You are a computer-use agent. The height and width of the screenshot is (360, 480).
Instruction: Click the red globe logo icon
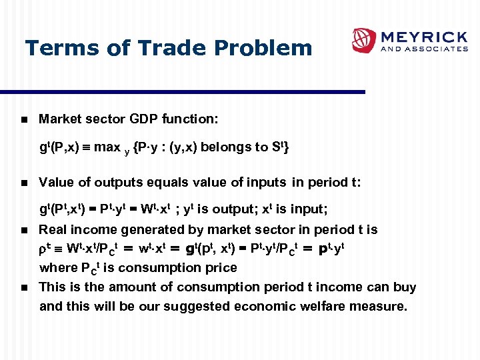(364, 40)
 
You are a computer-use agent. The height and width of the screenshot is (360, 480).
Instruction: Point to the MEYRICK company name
(424, 35)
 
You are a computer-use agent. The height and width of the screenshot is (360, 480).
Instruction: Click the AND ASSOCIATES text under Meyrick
(424, 49)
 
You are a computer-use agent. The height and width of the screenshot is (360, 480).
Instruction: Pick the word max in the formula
(107, 147)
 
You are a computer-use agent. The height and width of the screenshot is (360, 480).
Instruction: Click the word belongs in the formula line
(221, 147)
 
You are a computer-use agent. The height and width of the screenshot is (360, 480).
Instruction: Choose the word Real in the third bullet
(53, 229)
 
